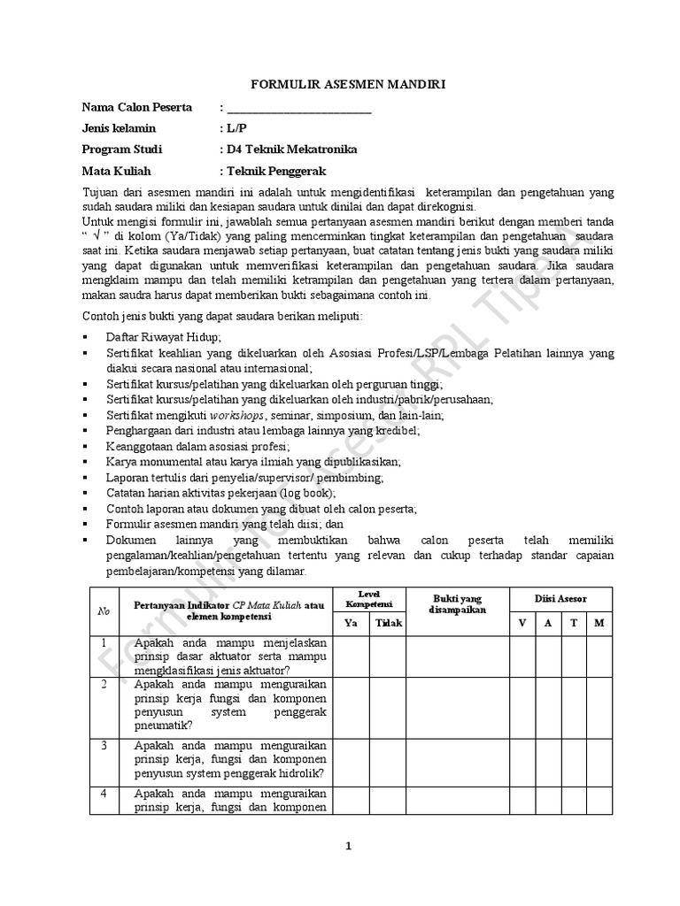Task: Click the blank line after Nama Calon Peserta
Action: click(x=299, y=109)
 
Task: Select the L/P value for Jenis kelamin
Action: click(x=237, y=129)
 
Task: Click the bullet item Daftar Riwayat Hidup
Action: click(x=164, y=337)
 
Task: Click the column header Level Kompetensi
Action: click(x=368, y=598)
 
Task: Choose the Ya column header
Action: click(x=351, y=623)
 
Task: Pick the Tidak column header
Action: click(x=388, y=623)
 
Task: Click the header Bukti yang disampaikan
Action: click(x=457, y=604)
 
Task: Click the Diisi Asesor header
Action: click(x=560, y=598)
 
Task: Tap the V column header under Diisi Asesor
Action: click(x=522, y=623)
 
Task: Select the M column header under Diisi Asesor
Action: click(x=599, y=623)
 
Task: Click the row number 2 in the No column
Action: click(x=104, y=685)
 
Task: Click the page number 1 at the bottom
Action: click(x=348, y=846)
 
